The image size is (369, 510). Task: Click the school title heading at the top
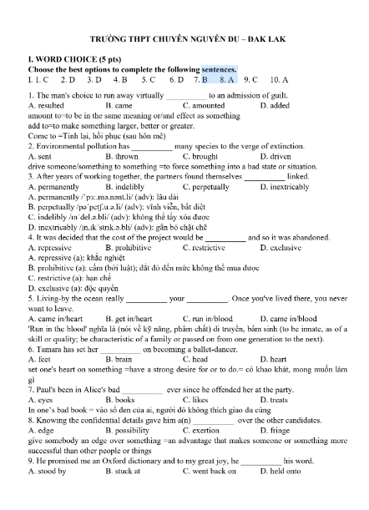184,39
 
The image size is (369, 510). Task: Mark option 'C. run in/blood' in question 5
209,318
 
